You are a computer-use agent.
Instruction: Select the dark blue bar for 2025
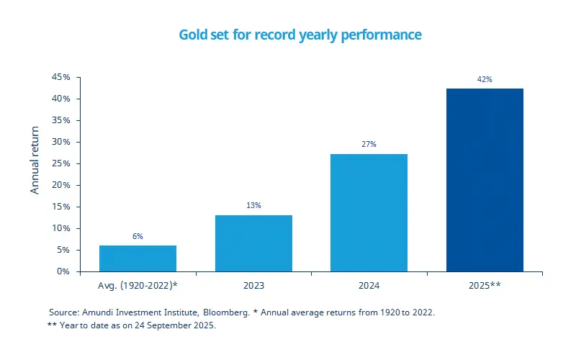tap(485, 180)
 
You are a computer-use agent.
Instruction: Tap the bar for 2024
tap(369, 212)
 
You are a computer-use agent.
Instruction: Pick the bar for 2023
tap(253, 243)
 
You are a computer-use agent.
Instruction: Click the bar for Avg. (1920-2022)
tap(138, 258)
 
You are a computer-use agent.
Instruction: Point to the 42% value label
tap(485, 79)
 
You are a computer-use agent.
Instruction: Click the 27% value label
tap(369, 144)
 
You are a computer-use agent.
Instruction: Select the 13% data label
tap(253, 205)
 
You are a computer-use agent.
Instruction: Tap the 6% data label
tap(138, 235)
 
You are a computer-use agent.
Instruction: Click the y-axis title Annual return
tap(35, 166)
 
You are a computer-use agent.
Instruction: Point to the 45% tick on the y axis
tap(60, 77)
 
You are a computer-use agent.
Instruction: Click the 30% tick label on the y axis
tap(60, 142)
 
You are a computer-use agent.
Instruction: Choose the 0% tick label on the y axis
tap(63, 271)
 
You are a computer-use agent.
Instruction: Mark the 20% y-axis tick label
tap(60, 185)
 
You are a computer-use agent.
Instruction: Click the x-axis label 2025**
tap(485, 286)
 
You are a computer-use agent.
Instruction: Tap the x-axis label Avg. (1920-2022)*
tap(138, 286)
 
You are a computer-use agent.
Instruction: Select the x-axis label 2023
tap(253, 286)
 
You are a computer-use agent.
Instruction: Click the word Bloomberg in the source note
tap(225, 312)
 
